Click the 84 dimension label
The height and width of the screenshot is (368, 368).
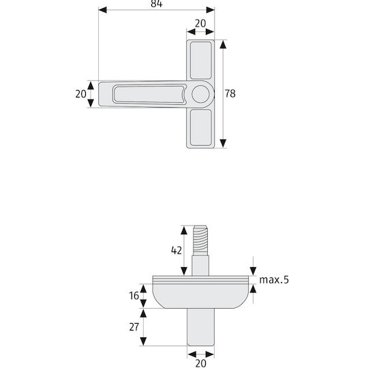157,3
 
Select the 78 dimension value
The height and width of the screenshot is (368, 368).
230,93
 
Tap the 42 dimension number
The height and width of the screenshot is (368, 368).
177,250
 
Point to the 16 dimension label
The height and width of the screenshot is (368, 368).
134,296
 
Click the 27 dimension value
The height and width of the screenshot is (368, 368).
134,327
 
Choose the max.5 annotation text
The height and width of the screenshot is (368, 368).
274,280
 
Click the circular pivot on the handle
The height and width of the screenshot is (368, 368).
200,94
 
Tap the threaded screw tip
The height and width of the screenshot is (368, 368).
200,241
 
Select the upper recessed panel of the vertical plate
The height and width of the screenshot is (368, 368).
200,61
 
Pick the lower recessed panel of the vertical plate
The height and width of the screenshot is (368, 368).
200,127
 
